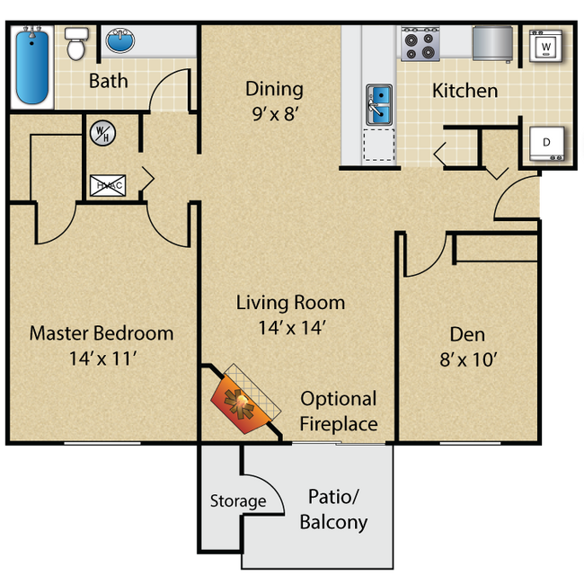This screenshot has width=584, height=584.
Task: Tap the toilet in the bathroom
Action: click(75, 42)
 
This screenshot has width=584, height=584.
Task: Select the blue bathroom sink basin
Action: click(119, 40)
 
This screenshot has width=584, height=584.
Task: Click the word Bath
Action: click(108, 81)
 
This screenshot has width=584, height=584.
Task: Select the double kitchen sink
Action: click(378, 103)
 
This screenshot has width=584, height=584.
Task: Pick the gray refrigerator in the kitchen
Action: click(491, 42)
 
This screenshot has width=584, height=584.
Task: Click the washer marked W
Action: click(545, 44)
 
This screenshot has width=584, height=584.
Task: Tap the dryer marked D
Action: click(545, 141)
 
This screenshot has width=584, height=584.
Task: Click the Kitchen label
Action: click(465, 91)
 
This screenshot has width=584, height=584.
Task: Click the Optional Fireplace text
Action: click(338, 411)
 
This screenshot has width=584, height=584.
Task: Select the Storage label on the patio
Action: click(237, 500)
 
